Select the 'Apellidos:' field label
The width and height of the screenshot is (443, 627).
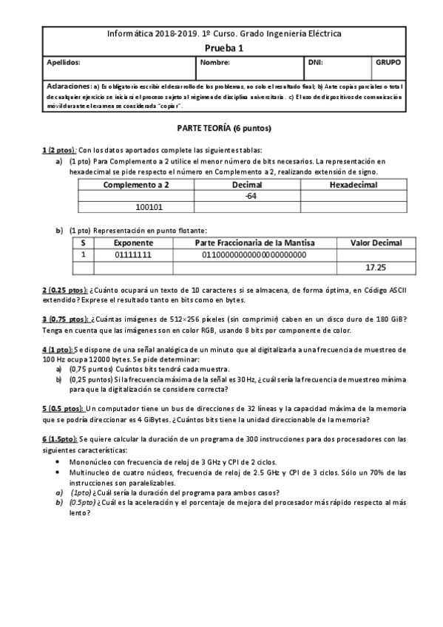pyautogui.click(x=63, y=63)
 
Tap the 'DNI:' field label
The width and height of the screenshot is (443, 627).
pyautogui.click(x=315, y=63)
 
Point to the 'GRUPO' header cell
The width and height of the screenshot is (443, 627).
pyautogui.click(x=388, y=63)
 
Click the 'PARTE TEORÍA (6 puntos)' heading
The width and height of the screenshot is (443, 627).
pyautogui.click(x=223, y=129)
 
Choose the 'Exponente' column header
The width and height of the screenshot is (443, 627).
pyautogui.click(x=133, y=243)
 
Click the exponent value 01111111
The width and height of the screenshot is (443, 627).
pyautogui.click(x=133, y=255)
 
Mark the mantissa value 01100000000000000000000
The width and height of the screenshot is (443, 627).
pyautogui.click(x=254, y=255)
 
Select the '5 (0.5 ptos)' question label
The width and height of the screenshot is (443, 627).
pyautogui.click(x=63, y=409)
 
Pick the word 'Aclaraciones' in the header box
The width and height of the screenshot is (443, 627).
pyautogui.click(x=69, y=86)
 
